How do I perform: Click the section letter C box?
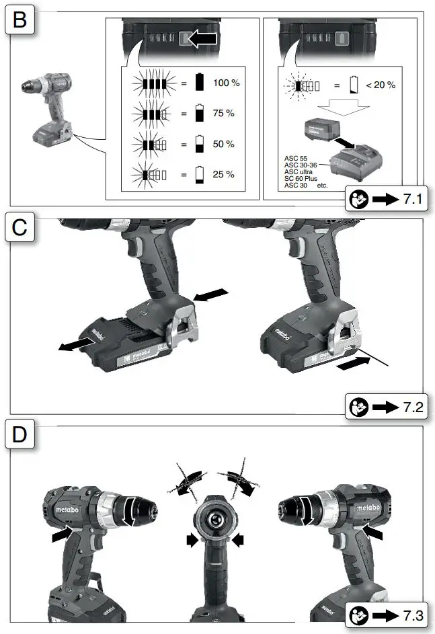point(20,228)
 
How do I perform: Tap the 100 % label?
point(226,83)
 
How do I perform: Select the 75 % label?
point(223,114)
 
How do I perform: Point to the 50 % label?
point(223,144)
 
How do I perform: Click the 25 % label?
point(223,174)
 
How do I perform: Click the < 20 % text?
point(381,85)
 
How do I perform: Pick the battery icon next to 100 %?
point(199,83)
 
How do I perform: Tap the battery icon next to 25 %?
point(199,175)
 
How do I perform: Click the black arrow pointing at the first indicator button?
point(202,40)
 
